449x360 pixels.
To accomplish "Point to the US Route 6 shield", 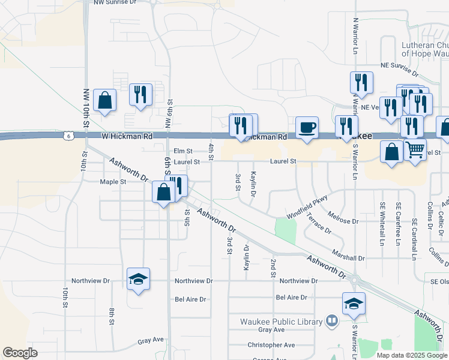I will pos(69,137).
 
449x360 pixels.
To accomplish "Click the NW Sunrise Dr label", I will pos(115,2).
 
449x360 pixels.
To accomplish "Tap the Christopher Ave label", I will pos(271,345).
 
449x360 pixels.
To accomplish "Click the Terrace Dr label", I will pos(319,223).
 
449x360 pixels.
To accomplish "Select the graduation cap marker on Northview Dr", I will pos(139,278).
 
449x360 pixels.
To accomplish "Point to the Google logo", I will pos(20,353).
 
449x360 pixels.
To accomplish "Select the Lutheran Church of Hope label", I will pos(425,49).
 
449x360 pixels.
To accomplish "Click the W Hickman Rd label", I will pos(127,136).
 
